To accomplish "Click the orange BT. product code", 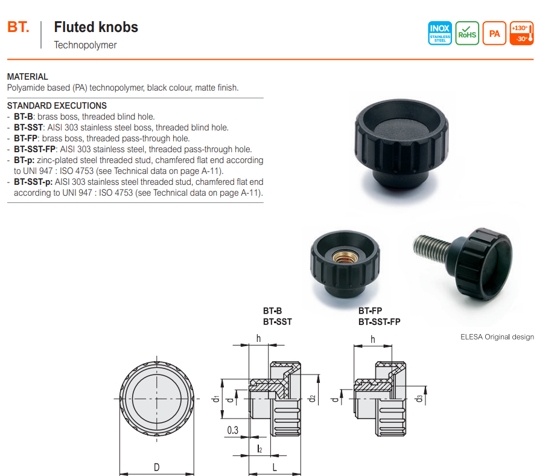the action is [x=18, y=27].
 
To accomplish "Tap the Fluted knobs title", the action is [x=96, y=27].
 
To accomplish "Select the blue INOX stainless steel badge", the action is [x=440, y=33].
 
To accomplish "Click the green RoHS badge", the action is [x=467, y=33].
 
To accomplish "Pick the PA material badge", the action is [x=494, y=33].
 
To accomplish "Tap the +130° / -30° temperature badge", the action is [x=521, y=33].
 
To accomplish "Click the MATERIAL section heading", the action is [x=27, y=77].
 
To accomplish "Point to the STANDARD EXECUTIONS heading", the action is [x=57, y=106].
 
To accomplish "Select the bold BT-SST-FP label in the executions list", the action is [x=35, y=149].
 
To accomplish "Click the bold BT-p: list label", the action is [x=24, y=160].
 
